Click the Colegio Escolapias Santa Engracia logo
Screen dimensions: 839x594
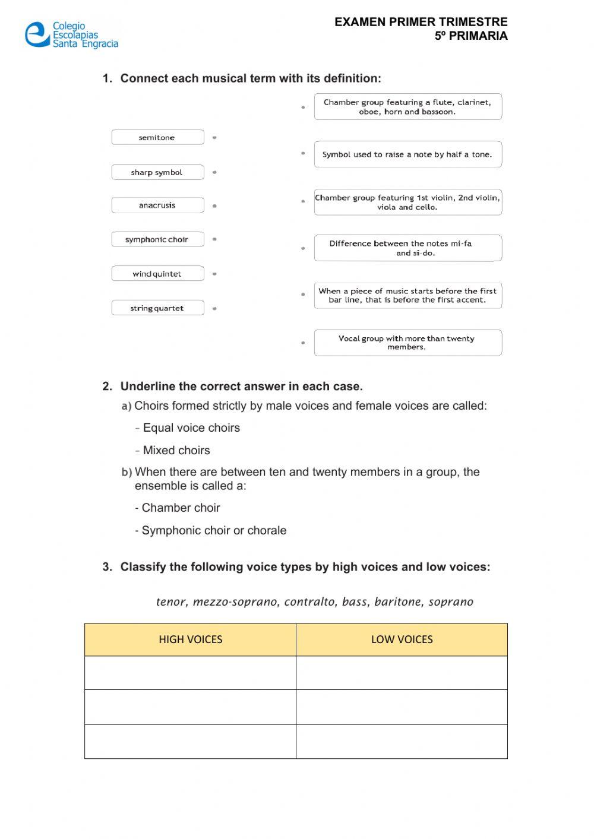coord(71,35)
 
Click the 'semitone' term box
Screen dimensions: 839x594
coord(157,137)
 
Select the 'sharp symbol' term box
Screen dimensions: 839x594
coord(157,172)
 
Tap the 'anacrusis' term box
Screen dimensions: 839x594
coord(157,205)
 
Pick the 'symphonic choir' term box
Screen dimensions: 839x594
coord(157,239)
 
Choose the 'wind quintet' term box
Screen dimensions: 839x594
coord(157,274)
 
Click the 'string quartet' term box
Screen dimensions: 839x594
coord(157,308)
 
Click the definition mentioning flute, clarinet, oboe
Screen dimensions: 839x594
coord(407,107)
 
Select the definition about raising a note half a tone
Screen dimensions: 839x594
coord(407,154)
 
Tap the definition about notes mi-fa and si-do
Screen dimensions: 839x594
coord(407,248)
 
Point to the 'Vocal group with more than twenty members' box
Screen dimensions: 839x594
coord(407,343)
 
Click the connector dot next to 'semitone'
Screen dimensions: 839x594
coord(214,138)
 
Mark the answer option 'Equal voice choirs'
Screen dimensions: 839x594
coord(191,428)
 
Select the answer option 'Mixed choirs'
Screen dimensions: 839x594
coord(176,451)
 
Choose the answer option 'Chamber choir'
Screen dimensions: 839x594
coord(181,508)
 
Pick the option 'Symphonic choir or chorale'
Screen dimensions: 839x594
coord(214,531)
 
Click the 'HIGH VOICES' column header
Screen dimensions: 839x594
coord(190,639)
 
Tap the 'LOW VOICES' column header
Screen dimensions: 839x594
coord(402,639)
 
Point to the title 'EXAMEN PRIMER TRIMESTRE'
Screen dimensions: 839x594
coord(421,22)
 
